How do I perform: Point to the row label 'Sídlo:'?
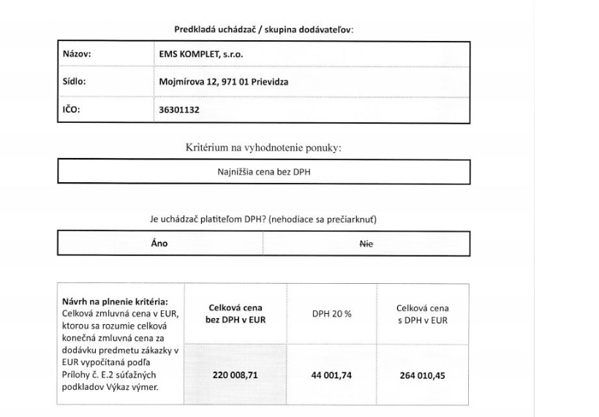coord(74,82)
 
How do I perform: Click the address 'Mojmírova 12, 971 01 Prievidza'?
coord(223,82)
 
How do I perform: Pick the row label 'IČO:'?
coord(71,110)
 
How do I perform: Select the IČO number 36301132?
coord(181,110)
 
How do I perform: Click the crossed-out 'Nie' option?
coord(366,244)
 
